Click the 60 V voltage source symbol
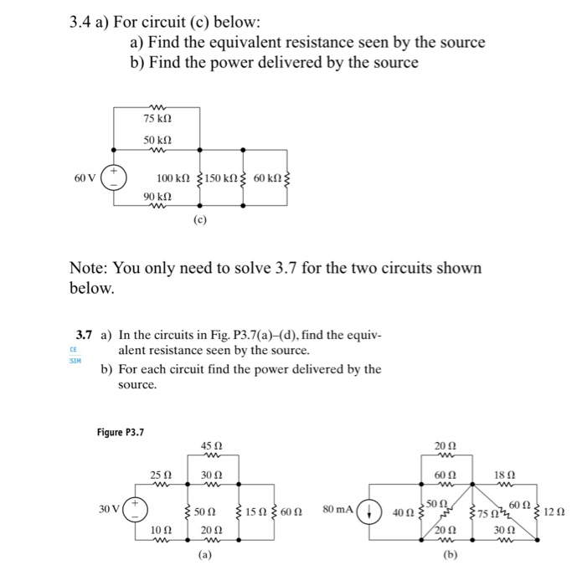(115, 177)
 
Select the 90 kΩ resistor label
(157, 195)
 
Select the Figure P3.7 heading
(120, 432)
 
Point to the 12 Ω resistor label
(554, 511)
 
